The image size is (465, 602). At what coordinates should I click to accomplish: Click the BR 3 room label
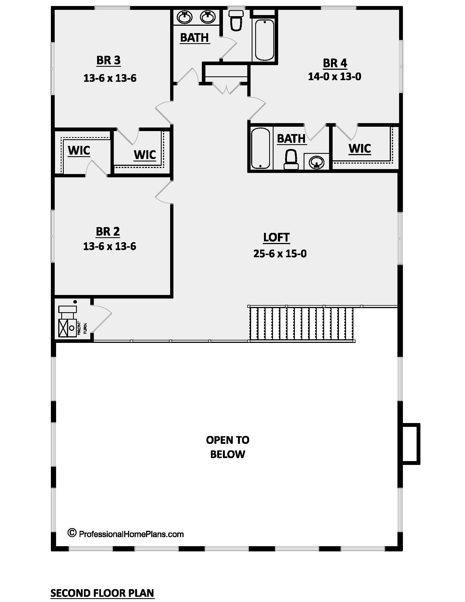click(108, 60)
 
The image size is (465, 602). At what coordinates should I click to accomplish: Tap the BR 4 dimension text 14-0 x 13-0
click(335, 76)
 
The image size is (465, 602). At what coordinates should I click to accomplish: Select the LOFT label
click(276, 237)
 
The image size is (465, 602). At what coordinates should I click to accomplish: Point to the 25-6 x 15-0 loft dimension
click(280, 253)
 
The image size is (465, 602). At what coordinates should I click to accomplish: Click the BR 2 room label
click(108, 231)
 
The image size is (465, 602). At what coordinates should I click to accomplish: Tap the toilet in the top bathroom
click(236, 21)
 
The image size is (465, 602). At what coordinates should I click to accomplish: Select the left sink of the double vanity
click(184, 17)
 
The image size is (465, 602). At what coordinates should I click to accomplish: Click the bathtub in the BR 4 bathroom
click(260, 148)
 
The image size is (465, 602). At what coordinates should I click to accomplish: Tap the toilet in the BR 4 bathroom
click(291, 160)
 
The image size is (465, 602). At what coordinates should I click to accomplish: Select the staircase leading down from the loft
click(302, 324)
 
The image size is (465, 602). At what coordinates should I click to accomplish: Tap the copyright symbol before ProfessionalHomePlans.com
click(72, 533)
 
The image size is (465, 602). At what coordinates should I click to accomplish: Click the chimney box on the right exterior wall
click(411, 444)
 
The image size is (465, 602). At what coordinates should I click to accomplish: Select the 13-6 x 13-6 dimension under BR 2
click(109, 246)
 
